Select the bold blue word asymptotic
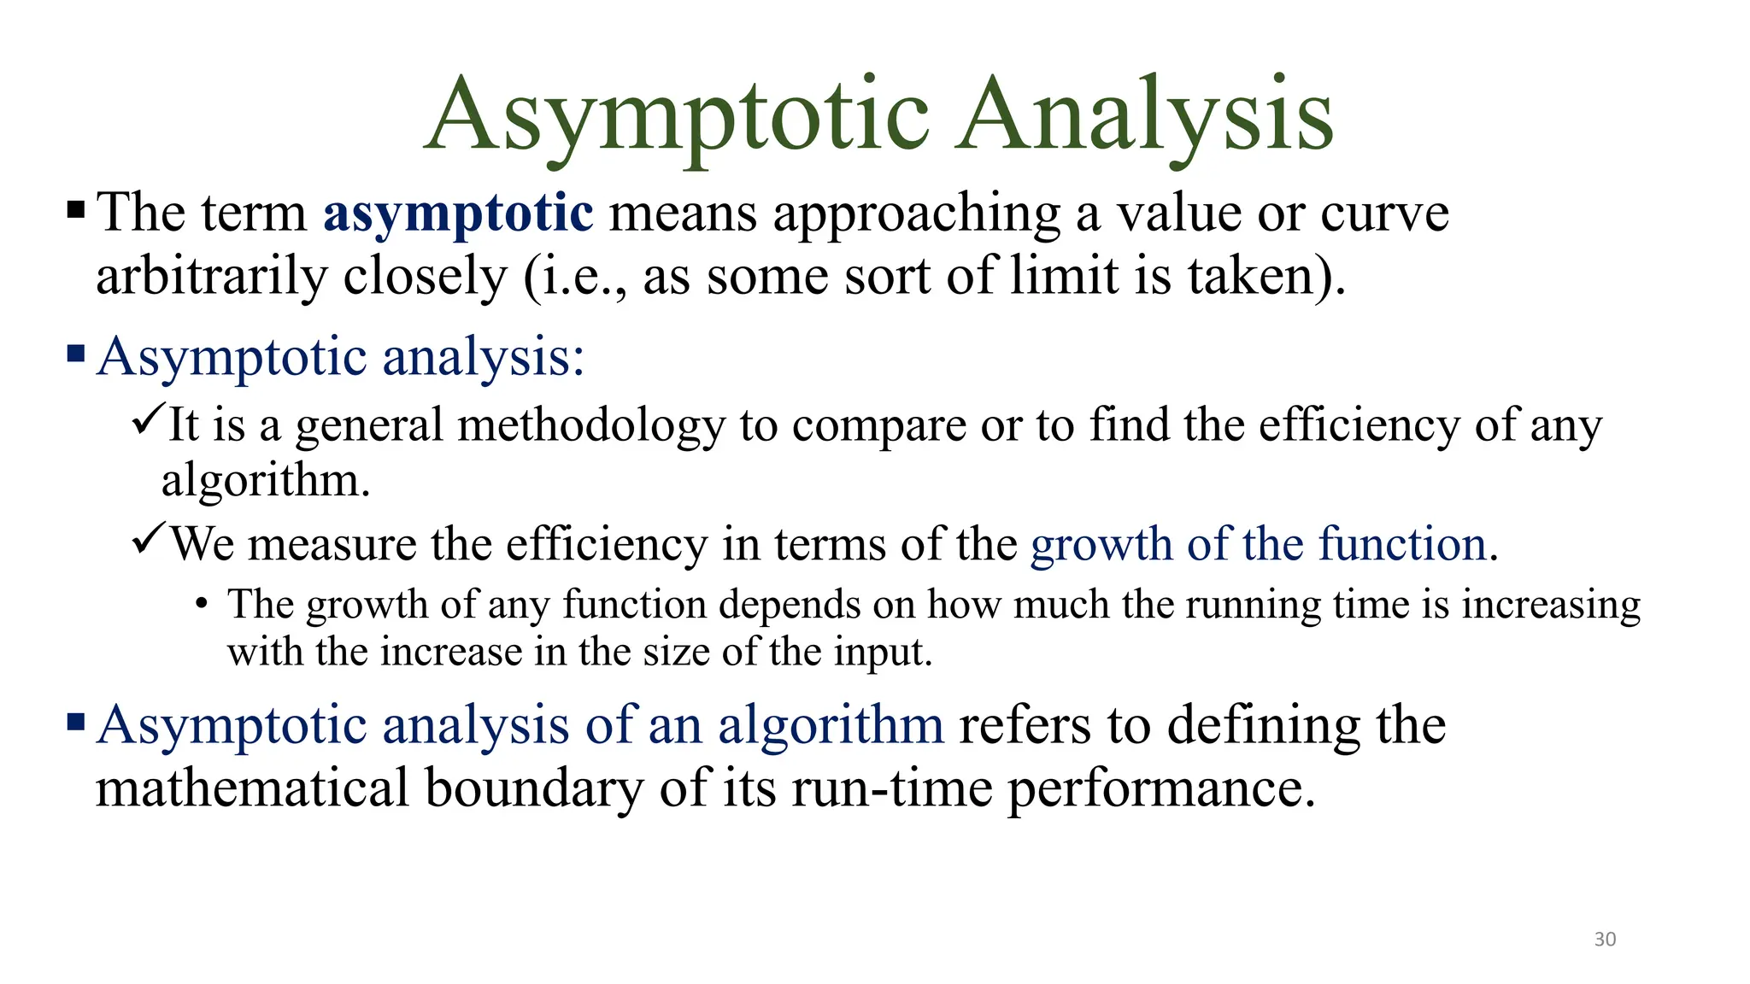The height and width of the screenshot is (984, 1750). (458, 214)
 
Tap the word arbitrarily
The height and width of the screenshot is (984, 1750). (212, 278)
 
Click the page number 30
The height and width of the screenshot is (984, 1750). (1605, 940)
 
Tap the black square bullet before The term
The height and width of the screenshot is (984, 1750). (76, 209)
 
